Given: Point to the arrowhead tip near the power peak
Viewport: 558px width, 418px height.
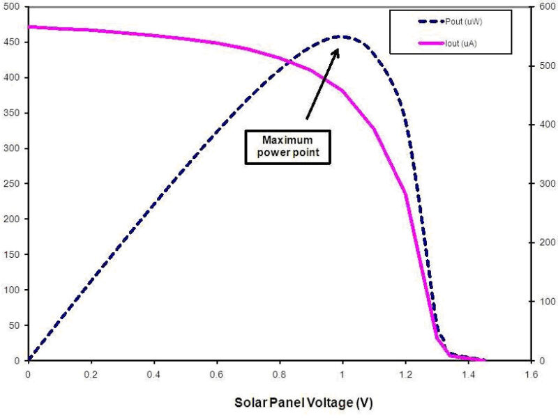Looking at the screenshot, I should [339, 48].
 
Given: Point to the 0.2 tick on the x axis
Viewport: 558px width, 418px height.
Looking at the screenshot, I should [91, 374].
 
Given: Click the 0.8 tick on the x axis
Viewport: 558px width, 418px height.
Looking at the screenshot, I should [280, 374].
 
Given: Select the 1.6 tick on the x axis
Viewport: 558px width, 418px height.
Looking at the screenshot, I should [531, 374].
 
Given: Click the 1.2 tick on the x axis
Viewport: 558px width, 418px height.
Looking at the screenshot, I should [405, 374].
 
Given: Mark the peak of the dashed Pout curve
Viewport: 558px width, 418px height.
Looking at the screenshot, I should [342, 36].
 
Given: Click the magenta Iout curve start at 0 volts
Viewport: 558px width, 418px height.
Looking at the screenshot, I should [29, 26].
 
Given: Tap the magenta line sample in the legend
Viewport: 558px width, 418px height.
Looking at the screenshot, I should [429, 43].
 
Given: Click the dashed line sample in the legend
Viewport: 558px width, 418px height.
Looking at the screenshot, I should [429, 22].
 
